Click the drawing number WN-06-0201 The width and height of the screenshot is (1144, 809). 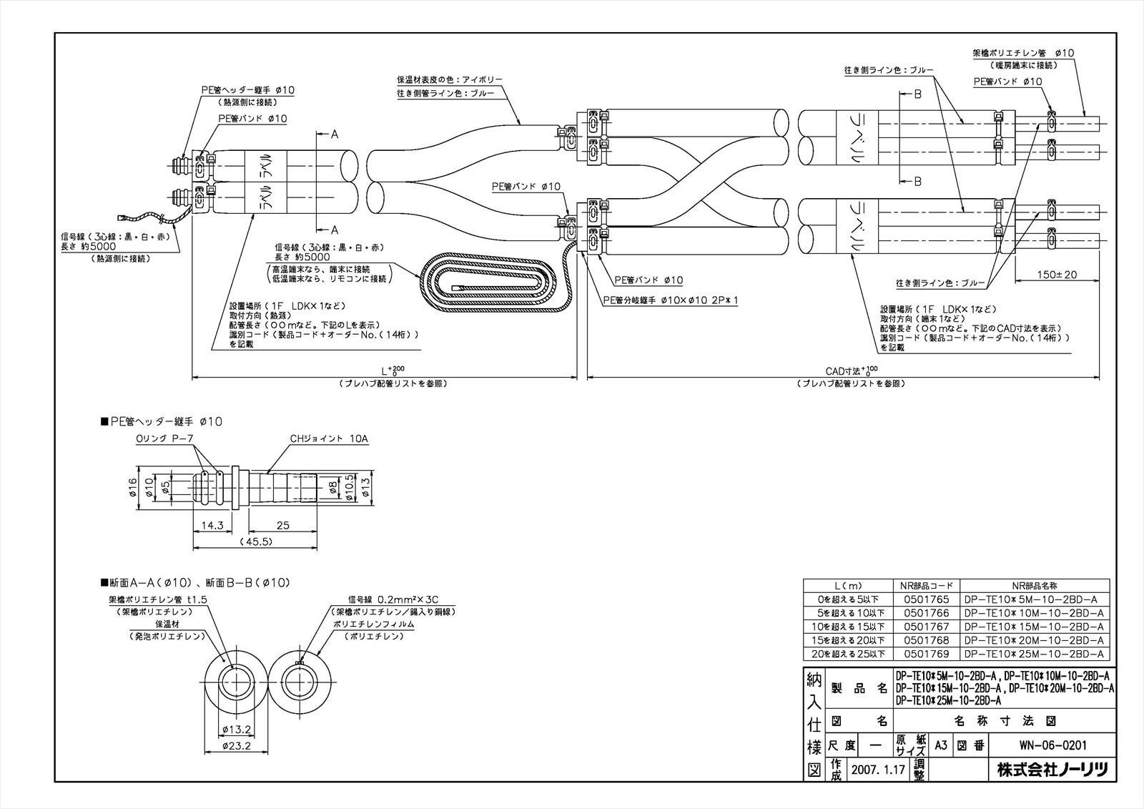coord(1052,745)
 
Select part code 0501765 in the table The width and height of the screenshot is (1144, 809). coord(926,599)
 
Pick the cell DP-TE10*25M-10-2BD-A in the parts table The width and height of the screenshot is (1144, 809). coord(1034,654)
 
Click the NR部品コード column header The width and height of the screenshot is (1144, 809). coord(926,585)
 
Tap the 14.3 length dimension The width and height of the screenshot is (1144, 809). coord(212,526)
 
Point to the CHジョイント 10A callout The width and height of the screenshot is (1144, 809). coord(329,438)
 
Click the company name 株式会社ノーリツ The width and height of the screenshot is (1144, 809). coord(1052,770)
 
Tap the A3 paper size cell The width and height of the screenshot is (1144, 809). coord(941,745)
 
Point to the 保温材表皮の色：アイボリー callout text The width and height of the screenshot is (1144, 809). coord(450,79)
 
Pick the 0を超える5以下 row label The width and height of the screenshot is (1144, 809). coord(846,599)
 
